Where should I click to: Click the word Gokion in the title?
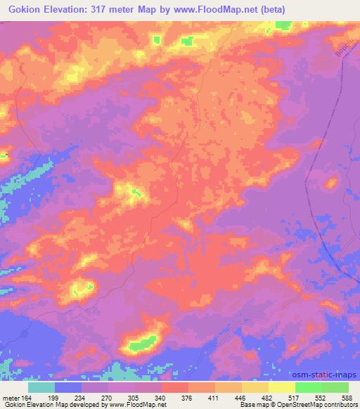pyautogui.click(x=23, y=9)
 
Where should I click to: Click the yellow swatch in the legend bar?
pyautogui.click(x=281, y=387)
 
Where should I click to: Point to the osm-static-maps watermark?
pyautogui.click(x=330, y=374)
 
